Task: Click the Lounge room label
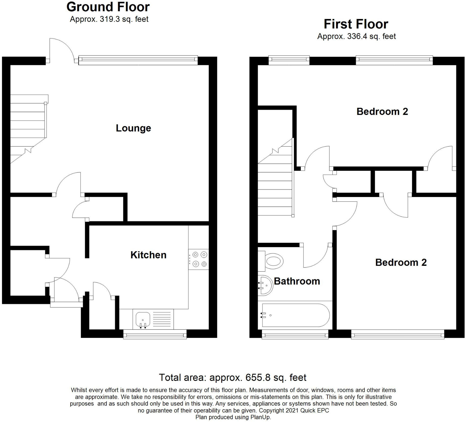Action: (x=133, y=128)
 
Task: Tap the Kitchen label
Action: (x=148, y=255)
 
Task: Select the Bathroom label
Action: (x=297, y=281)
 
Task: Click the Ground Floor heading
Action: (x=108, y=7)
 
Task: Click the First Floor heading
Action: (x=356, y=24)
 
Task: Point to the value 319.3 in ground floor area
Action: (x=110, y=19)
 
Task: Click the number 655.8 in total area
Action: (x=258, y=377)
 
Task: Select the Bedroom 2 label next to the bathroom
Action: (x=401, y=262)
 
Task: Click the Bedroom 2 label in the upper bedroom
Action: (x=382, y=111)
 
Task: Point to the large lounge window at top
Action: (x=138, y=60)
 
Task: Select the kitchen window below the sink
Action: (x=155, y=334)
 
